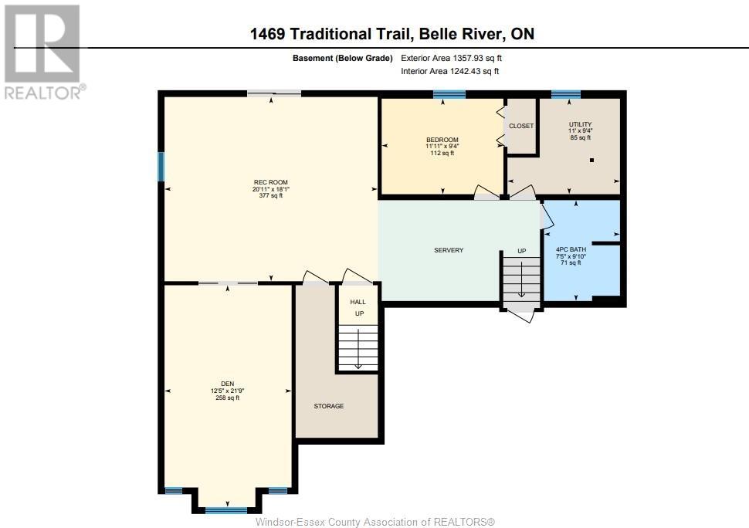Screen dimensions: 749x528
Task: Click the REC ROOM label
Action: click(271, 182)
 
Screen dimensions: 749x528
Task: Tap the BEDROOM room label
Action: click(442, 140)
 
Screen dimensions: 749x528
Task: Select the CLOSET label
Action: click(521, 126)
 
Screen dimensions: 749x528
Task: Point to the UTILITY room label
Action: click(581, 124)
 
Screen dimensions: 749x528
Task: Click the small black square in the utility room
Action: click(591, 161)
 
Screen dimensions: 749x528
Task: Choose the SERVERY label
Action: click(449, 250)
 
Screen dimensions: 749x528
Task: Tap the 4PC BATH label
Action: click(571, 249)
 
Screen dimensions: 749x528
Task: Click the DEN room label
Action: click(227, 384)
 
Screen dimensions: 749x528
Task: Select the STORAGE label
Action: click(329, 406)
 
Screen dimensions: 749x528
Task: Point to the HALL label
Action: click(358, 302)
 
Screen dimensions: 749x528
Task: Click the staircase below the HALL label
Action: click(358, 347)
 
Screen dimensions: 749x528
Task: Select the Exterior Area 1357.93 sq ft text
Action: click(451, 58)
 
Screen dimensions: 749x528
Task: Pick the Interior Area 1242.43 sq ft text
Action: click(450, 71)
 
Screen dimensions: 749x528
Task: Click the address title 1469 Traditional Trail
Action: click(330, 34)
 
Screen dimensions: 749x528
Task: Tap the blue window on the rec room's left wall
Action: click(161, 167)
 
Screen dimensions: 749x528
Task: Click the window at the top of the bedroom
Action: click(449, 94)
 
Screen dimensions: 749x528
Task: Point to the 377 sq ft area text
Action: click(271, 195)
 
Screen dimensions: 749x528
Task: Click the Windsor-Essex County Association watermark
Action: click(375, 522)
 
